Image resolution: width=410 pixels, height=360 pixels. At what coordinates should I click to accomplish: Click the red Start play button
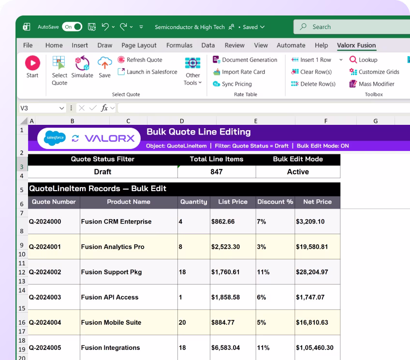(32, 63)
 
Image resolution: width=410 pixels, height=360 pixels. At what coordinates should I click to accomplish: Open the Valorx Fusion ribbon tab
(356, 45)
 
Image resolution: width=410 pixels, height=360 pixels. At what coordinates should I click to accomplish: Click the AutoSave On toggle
(72, 27)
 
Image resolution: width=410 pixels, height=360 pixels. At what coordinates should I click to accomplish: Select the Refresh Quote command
(140, 60)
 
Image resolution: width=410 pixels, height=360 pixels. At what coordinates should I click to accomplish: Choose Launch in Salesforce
(147, 72)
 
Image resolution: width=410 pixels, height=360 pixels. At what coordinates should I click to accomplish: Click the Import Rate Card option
(239, 72)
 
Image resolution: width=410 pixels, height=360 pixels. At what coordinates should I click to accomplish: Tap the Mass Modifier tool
(372, 84)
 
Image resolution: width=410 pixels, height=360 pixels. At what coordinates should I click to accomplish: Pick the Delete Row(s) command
(313, 84)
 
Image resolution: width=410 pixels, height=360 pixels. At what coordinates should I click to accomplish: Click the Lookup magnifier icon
(353, 60)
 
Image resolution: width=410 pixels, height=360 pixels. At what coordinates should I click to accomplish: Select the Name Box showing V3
(42, 108)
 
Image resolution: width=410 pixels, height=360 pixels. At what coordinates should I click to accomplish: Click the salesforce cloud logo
(55, 138)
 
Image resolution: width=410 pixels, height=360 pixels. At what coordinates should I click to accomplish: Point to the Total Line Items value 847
(217, 172)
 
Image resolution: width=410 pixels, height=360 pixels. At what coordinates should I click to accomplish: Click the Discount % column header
(275, 202)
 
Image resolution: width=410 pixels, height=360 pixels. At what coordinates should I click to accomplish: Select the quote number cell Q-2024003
(45, 297)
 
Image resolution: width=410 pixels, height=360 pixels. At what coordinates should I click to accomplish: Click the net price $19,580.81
(312, 247)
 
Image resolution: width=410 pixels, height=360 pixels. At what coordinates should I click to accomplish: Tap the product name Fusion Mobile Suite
(111, 322)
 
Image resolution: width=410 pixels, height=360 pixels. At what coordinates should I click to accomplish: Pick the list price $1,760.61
(225, 272)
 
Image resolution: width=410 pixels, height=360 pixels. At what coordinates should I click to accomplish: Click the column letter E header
(256, 121)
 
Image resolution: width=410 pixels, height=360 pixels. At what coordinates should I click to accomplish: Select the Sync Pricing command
(232, 84)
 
